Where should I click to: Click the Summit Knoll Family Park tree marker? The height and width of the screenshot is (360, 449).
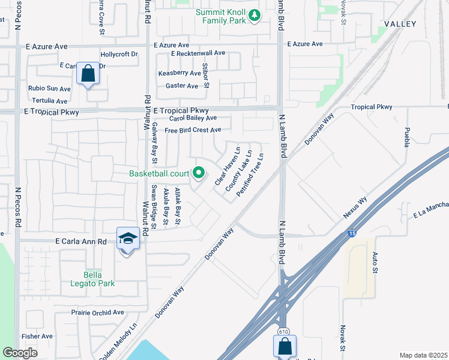[255, 16]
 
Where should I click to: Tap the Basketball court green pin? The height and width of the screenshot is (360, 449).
[199, 174]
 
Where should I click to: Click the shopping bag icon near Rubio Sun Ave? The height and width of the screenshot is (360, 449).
[88, 74]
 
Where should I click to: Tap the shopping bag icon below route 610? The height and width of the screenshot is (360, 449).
[285, 346]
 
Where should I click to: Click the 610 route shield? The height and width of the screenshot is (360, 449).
[282, 331]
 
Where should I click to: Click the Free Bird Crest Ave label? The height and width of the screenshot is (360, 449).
[193, 130]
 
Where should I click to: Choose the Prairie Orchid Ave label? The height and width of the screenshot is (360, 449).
[89, 313]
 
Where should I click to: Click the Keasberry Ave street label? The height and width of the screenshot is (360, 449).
[179, 73]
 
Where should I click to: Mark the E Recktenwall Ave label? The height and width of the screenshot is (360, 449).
[198, 53]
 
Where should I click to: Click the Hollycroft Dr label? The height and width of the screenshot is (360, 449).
[119, 54]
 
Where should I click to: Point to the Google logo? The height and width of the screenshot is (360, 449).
[20, 353]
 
